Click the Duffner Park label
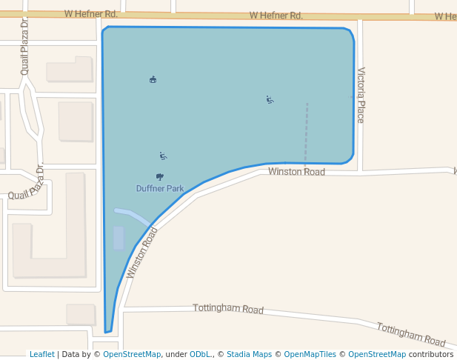click(159, 188)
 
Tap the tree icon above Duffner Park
click(160, 176)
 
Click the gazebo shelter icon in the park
click(153, 79)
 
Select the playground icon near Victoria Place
click(270, 99)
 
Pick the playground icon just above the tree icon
click(163, 156)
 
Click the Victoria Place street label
click(361, 95)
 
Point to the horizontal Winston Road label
click(296, 172)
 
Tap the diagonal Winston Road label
click(142, 252)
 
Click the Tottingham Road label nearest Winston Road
click(228, 308)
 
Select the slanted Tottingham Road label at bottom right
click(411, 334)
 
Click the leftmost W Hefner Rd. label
click(90, 13)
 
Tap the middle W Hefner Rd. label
click(276, 15)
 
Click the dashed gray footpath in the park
click(306, 133)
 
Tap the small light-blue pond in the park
click(119, 238)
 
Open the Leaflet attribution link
click(41, 354)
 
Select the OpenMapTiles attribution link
click(310, 354)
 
